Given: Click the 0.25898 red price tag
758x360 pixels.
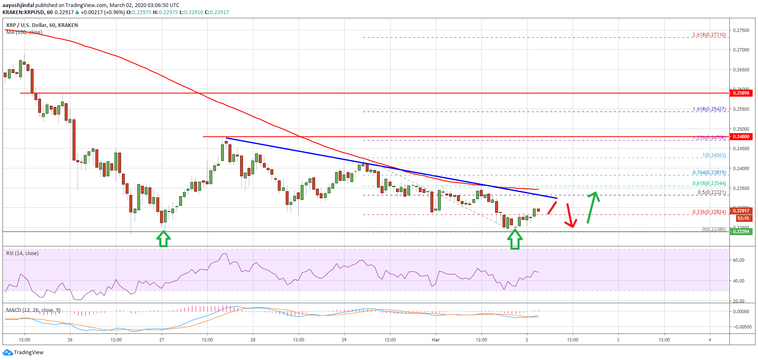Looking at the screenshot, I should click(741, 93).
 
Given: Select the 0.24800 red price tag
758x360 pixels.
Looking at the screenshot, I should click(741, 136).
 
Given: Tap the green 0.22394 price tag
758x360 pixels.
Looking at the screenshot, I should click(741, 231).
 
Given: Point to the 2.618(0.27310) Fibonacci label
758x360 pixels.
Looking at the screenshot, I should click(709, 35).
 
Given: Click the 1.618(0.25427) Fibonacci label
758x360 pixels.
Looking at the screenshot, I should click(709, 109).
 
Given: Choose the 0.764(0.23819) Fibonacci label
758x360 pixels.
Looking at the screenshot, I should click(709, 173).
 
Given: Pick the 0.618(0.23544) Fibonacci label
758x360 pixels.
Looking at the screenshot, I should click(709, 183).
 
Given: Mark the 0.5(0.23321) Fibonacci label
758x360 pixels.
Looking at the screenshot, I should click(711, 192).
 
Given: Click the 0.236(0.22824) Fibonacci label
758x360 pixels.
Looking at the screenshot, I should click(709, 212).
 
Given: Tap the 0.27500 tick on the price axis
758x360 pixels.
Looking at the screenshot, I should click(741, 30).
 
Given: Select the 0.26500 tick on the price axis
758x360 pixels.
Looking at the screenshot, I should click(741, 70).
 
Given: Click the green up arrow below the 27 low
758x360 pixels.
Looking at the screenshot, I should click(163, 239).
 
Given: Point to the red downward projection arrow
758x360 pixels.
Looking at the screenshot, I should click(570, 216).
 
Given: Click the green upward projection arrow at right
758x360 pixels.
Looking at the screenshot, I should click(593, 207).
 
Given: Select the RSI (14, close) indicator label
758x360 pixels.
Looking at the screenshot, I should click(22, 253).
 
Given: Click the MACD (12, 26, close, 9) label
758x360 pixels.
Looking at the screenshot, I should click(33, 310).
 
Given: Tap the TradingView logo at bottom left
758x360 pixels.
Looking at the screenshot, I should click(23, 353).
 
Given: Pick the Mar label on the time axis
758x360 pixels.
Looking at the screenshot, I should click(435, 340).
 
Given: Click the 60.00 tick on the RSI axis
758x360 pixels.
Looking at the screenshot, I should click(739, 260).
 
